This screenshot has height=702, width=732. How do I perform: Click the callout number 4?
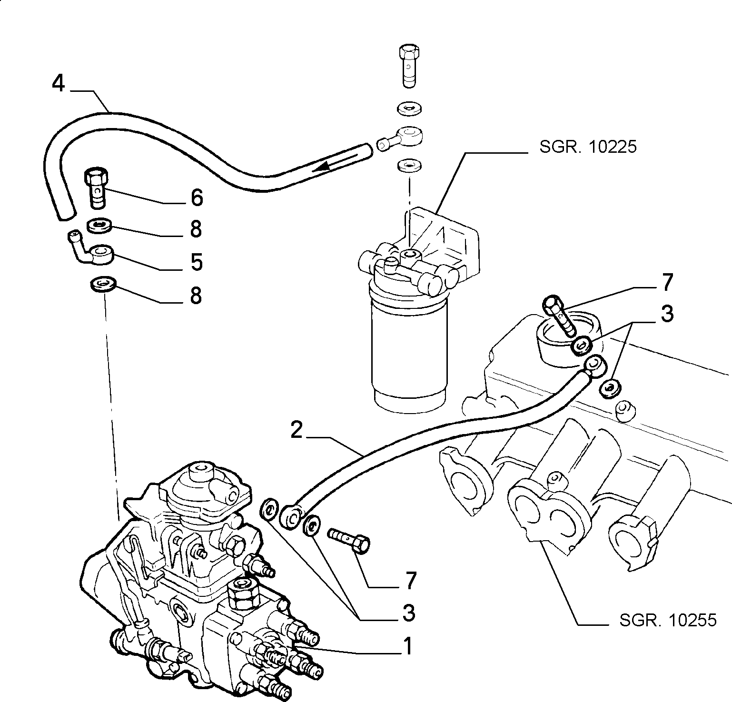pos(58,84)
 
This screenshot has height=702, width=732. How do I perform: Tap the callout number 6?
pos(197,197)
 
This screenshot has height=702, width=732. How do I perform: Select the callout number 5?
pos(197,262)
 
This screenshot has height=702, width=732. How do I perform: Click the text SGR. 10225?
pos(588,147)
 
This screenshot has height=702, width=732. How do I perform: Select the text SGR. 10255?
pos(668,620)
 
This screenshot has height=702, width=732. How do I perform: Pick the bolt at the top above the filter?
pos(409,66)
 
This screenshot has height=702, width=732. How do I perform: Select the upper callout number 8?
pos(196,229)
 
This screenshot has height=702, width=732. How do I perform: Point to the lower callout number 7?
pos(410,580)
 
